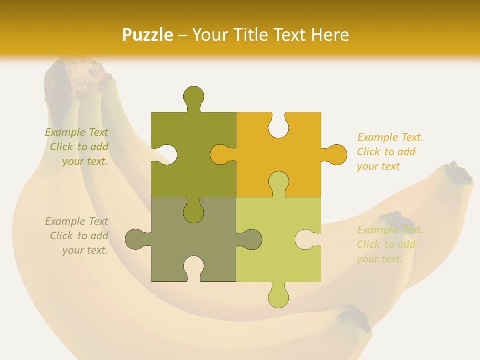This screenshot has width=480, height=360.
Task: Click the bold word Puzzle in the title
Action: [x=148, y=35]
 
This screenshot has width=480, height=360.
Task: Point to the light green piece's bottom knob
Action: [x=278, y=297]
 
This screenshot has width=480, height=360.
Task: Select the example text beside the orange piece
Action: [x=390, y=152]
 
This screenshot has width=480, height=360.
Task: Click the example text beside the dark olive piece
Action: [x=77, y=147]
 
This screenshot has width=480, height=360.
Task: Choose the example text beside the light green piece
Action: [x=390, y=244]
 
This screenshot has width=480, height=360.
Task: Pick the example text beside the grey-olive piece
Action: [x=77, y=236]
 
